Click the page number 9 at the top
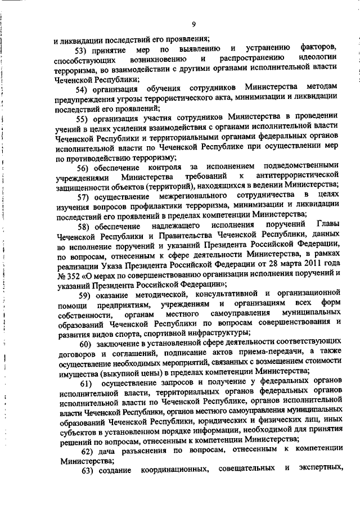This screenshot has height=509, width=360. tap(193, 24)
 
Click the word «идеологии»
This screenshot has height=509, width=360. tap(317, 58)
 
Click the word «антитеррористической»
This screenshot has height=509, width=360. tap(296, 177)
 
